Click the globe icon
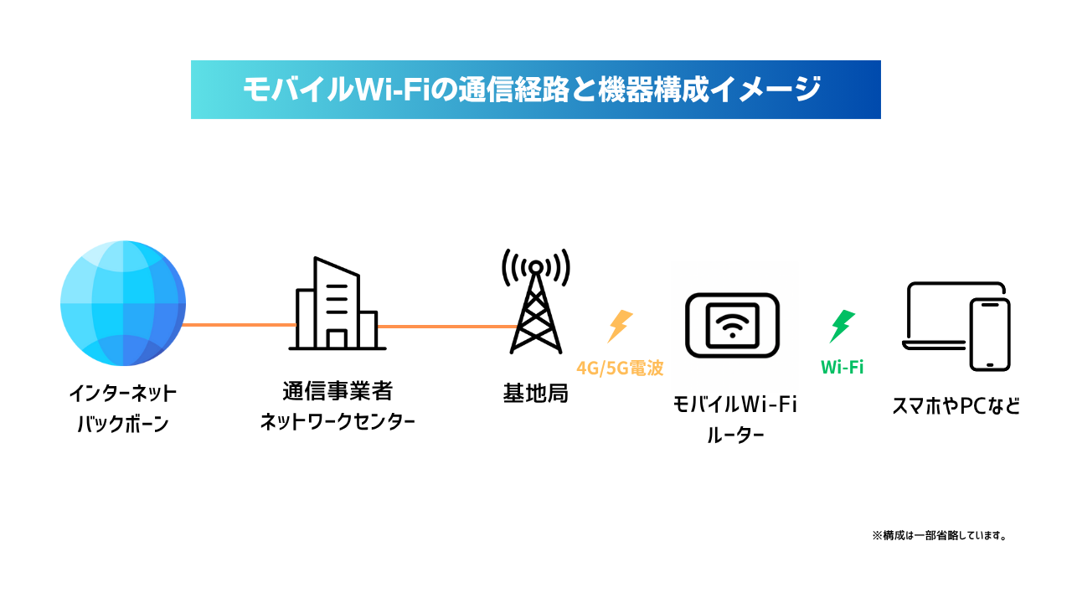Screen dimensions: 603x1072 pos(123,302)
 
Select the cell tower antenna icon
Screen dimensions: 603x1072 pos(536,301)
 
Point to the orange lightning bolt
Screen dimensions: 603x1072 pos(620,326)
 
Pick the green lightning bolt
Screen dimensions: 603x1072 pos(842,326)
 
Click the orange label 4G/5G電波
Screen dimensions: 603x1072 pos(620,368)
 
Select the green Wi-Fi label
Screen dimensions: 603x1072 pos(842,367)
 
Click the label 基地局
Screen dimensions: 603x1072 pos(536,393)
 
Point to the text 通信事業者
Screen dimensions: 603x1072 pos(337,391)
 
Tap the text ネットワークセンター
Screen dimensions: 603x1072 pos(337,421)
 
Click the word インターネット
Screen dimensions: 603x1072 pos(123,393)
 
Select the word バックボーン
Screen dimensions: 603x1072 pos(123,424)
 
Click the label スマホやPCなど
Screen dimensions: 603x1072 pos(956,407)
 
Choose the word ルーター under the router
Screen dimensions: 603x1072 pos(734,435)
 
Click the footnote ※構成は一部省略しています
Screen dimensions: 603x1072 pos(939,535)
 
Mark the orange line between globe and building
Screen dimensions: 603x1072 pos(240,324)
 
